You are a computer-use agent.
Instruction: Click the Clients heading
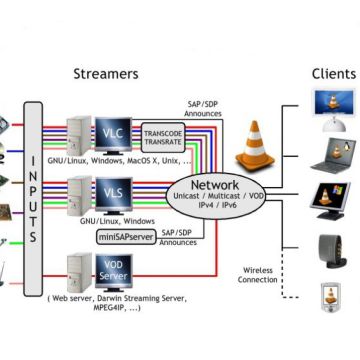[333, 73]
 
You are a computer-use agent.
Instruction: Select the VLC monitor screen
[108, 131]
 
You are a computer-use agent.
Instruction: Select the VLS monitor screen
[108, 189]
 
